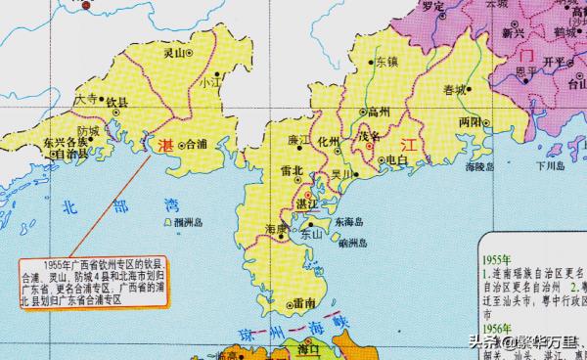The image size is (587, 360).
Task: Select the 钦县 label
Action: (116, 102)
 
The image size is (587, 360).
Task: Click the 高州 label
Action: (378, 112)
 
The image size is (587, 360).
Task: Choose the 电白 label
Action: (396, 159)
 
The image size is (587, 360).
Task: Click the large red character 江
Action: (409, 145)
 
